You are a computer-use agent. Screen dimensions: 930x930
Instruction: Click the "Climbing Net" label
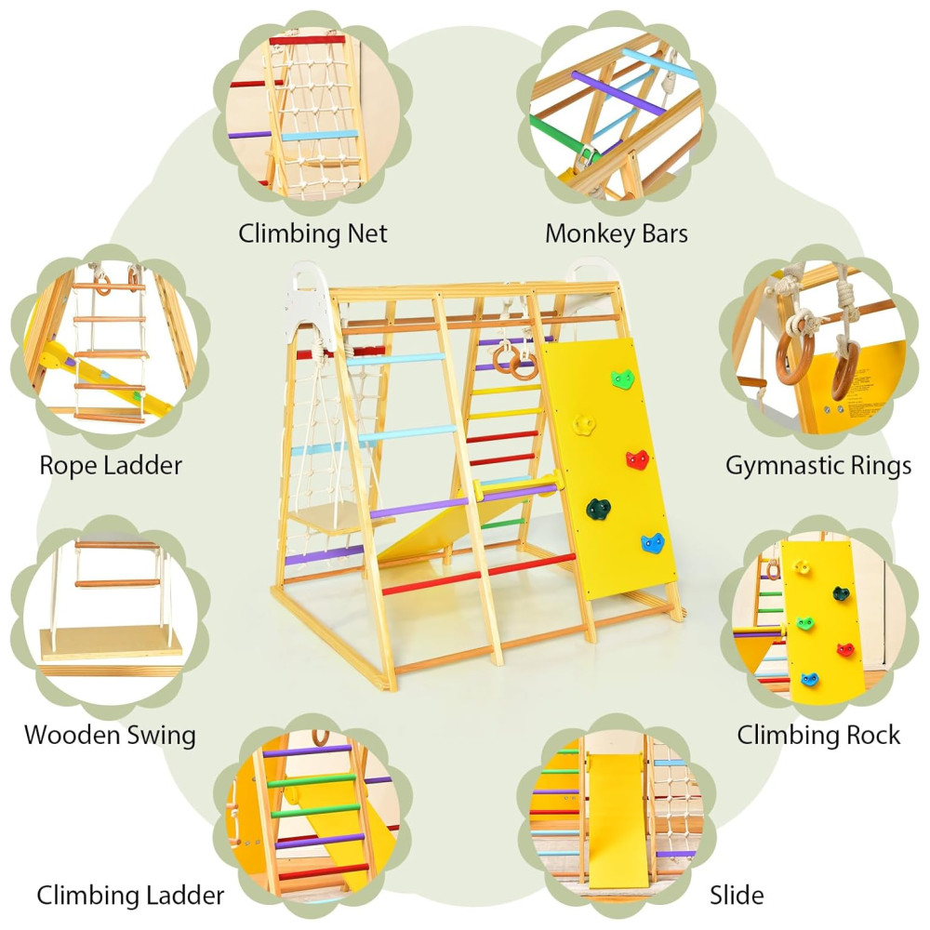click(312, 232)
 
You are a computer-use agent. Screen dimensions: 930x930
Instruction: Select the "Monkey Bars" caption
click(617, 232)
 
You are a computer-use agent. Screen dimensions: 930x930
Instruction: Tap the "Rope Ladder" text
click(111, 465)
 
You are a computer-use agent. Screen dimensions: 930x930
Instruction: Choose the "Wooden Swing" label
click(110, 735)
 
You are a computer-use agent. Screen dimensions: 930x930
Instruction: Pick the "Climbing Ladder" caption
click(130, 896)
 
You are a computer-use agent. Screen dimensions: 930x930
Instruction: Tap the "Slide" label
click(737, 896)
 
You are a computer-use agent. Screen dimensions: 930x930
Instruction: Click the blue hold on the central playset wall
click(654, 544)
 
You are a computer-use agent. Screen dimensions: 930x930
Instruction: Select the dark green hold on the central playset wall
click(597, 508)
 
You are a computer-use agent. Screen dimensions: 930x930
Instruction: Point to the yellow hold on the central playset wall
click(584, 423)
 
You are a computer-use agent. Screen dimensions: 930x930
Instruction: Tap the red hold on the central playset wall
click(638, 459)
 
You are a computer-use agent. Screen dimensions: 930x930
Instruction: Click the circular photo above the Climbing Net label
click(312, 112)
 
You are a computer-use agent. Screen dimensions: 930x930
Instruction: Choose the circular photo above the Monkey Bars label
click(617, 112)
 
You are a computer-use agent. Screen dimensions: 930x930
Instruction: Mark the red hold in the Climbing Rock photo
click(845, 648)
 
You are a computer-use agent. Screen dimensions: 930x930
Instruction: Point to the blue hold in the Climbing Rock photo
click(810, 680)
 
